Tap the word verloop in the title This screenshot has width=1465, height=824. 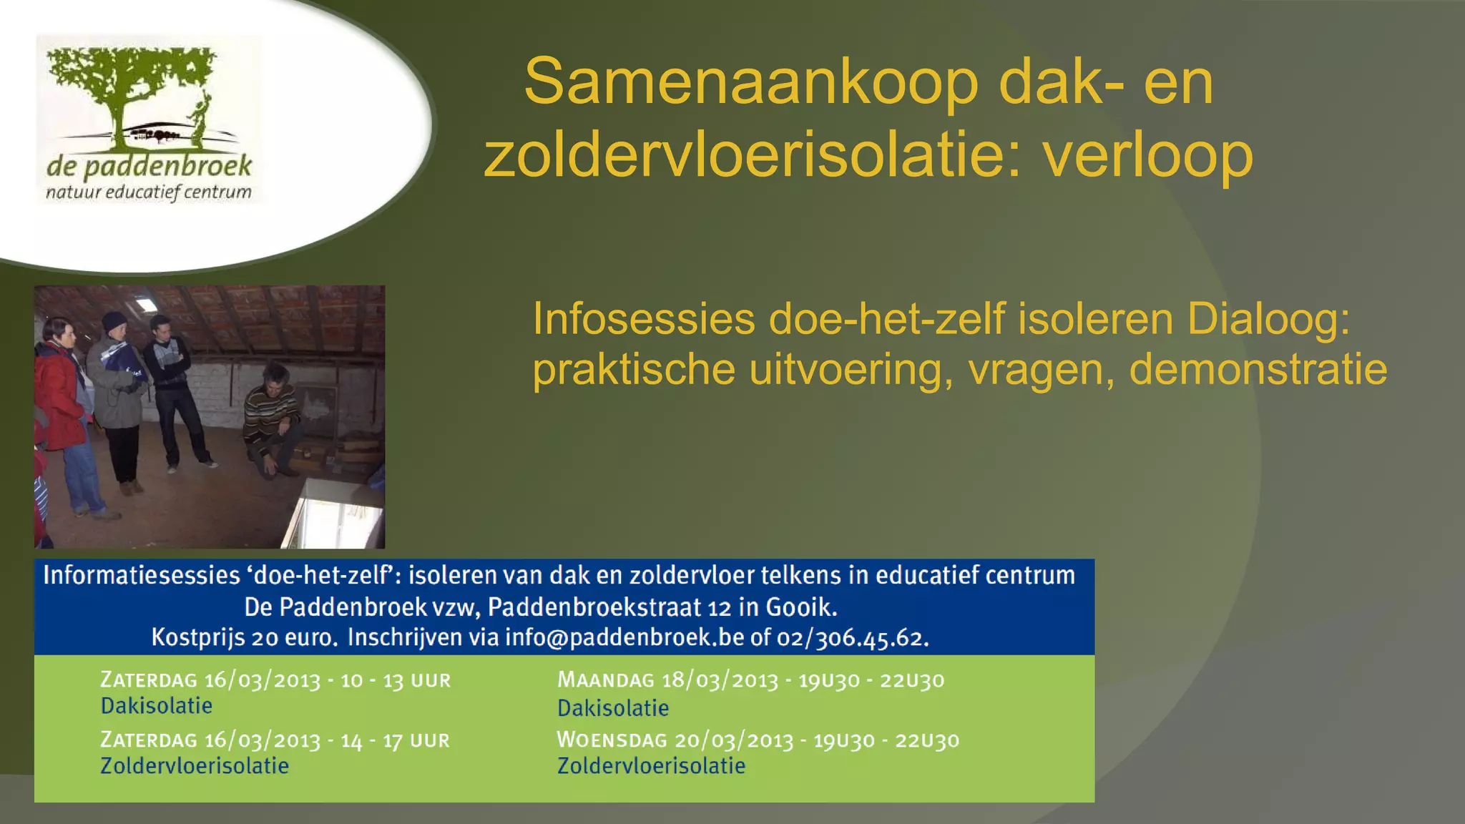pos(1147,156)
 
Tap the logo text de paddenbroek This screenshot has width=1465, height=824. pos(149,167)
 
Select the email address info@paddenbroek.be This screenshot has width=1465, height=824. pos(624,637)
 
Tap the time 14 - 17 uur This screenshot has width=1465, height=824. pos(395,740)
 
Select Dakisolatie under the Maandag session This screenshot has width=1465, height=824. pos(613,708)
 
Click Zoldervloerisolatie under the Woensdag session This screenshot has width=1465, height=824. pos(651,766)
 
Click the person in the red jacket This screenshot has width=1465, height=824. pos(61,401)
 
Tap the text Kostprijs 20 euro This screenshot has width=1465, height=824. pos(244,637)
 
